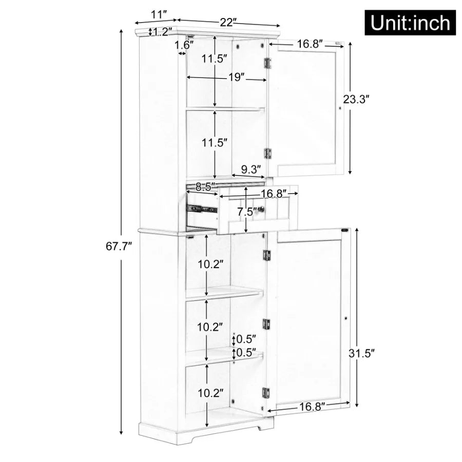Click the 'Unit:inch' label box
coord(410,22)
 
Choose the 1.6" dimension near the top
coord(183,45)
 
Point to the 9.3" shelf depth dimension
coord(252,168)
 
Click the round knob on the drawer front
coord(261,209)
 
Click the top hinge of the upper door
coord(267,63)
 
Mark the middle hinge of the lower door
coord(266,323)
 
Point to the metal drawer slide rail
coord(202,209)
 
